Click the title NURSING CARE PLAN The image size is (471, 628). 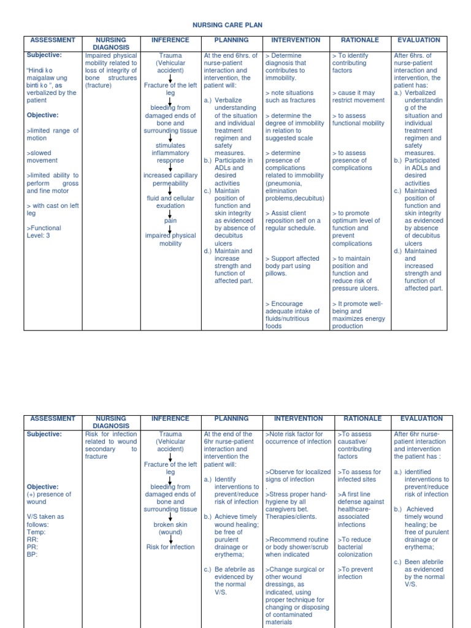click(235, 25)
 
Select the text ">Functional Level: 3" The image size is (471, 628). click(44, 232)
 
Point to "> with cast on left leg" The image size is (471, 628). click(52, 210)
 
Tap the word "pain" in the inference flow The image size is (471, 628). click(170, 221)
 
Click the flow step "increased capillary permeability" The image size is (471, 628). click(170, 179)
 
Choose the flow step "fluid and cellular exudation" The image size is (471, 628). click(170, 202)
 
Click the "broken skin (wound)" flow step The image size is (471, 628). click(170, 528)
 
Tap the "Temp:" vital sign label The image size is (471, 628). click(36, 532)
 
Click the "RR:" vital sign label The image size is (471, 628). click(32, 539)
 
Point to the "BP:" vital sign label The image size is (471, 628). click(32, 554)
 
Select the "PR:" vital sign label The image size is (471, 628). click(32, 546)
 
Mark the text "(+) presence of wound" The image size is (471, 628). click(48, 498)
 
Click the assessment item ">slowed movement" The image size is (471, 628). click(42, 156)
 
